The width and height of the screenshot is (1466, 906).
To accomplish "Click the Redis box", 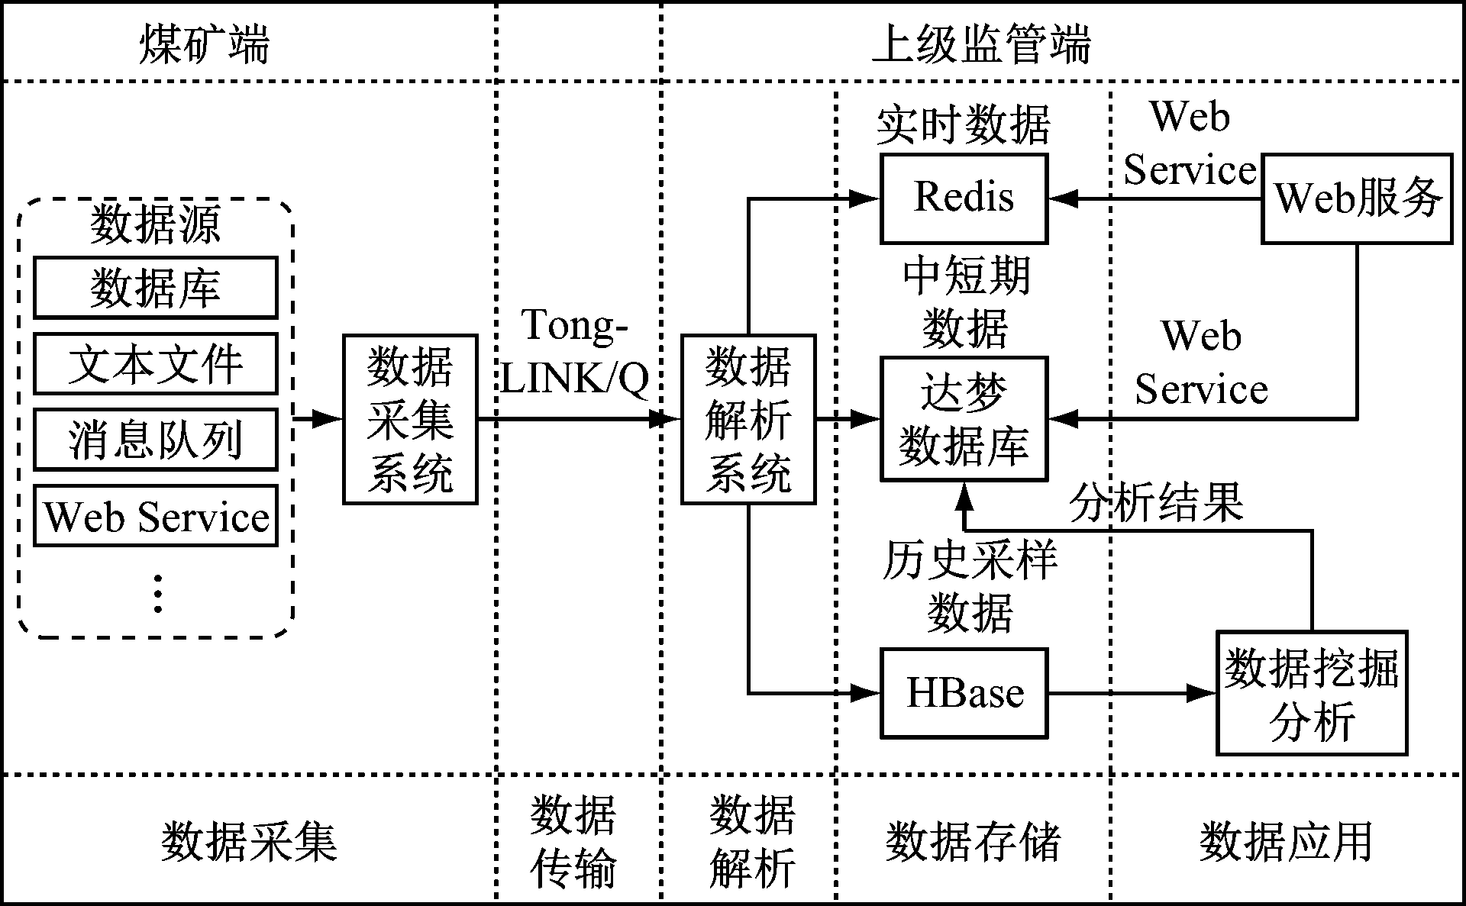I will (964, 198).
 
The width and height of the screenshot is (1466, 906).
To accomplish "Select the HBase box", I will (964, 693).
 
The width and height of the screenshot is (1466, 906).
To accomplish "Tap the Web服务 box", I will (1357, 198).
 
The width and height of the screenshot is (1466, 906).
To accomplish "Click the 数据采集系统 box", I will (410, 419).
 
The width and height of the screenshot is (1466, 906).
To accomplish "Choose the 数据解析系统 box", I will (748, 419).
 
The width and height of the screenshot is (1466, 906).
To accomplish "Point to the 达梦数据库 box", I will (964, 419).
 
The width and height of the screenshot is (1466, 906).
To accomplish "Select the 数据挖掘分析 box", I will (1312, 693).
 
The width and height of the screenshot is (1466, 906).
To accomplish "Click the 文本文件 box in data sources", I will (155, 363).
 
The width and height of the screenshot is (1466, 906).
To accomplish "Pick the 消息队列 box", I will (155, 440).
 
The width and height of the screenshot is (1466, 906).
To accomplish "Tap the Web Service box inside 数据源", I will (155, 516).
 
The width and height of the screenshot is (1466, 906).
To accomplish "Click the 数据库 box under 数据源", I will (155, 288).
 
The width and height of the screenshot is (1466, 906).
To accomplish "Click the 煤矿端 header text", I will (204, 44).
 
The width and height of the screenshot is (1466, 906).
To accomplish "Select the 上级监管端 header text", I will (982, 44).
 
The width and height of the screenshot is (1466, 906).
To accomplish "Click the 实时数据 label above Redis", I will (964, 124).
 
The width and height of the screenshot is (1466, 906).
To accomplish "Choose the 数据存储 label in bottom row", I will (974, 841).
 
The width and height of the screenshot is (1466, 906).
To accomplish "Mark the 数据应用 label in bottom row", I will (1287, 841).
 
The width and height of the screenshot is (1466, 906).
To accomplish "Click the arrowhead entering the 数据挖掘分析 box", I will (1203, 693).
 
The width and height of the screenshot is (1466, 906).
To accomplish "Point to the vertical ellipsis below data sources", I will (158, 594).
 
